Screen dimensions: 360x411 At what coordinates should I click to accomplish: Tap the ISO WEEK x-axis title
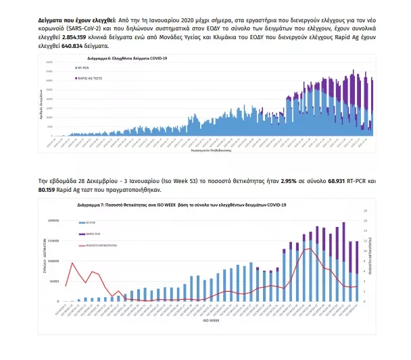(210, 320)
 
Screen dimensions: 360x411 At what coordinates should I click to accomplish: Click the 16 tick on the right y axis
(366, 220)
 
